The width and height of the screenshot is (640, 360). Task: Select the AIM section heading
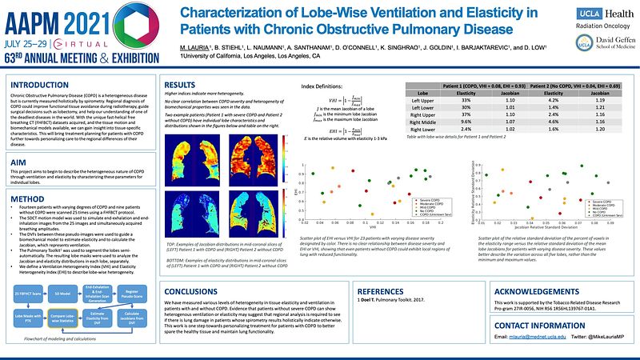point(18,162)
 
